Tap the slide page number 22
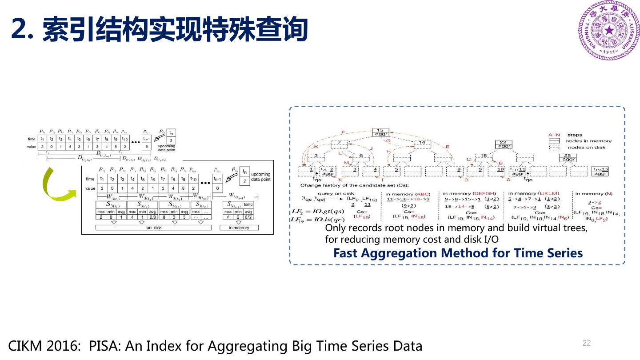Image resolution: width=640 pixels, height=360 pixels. [587, 343]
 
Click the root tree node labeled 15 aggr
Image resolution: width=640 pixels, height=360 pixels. [380, 132]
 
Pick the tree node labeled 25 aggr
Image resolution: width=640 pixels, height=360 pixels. [568, 157]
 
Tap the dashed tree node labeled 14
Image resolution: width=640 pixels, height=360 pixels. [422, 143]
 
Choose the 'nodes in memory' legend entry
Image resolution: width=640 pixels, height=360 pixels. [589, 141]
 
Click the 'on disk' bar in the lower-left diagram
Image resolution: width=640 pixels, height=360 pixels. [154, 228]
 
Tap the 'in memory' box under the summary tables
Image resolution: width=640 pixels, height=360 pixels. [239, 228]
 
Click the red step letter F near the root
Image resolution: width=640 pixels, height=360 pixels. [343, 132]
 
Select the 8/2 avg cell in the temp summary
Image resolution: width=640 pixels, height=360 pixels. [248, 217]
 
